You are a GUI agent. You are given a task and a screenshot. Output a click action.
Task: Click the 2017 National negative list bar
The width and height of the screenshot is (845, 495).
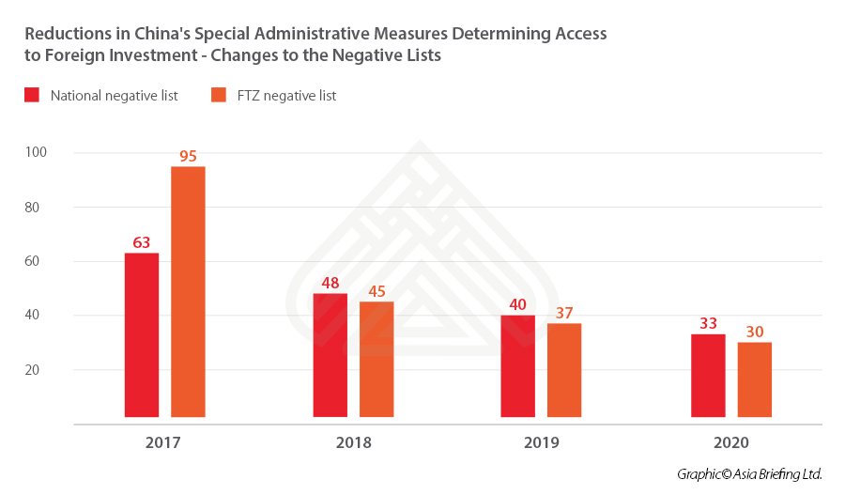(x=142, y=334)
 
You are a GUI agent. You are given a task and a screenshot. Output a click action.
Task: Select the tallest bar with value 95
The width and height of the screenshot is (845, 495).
(x=188, y=291)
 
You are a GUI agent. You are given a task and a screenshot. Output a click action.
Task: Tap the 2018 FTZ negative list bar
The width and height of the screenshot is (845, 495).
(x=376, y=359)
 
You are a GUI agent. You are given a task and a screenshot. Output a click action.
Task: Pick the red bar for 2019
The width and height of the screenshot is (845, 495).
(x=517, y=365)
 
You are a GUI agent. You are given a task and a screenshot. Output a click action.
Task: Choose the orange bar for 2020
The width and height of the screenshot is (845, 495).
(x=755, y=379)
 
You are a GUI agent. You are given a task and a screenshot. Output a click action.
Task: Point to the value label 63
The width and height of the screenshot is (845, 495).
(x=142, y=242)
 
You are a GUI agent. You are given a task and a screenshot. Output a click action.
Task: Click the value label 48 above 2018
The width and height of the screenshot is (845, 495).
(x=330, y=283)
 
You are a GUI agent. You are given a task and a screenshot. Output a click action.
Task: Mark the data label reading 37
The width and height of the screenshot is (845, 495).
(x=564, y=313)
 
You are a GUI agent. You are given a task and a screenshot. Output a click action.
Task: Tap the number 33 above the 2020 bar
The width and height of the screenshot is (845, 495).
(x=708, y=324)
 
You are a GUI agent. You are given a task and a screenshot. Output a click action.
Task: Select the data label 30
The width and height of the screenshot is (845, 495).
(x=755, y=332)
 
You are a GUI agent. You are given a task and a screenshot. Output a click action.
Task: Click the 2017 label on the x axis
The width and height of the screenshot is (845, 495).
(x=164, y=441)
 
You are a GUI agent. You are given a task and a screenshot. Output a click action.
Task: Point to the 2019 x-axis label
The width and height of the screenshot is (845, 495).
(x=541, y=441)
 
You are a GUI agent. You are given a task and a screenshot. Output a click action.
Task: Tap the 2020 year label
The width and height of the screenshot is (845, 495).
(x=731, y=441)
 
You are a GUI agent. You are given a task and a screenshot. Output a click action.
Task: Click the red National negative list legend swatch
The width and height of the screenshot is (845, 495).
(x=32, y=95)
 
